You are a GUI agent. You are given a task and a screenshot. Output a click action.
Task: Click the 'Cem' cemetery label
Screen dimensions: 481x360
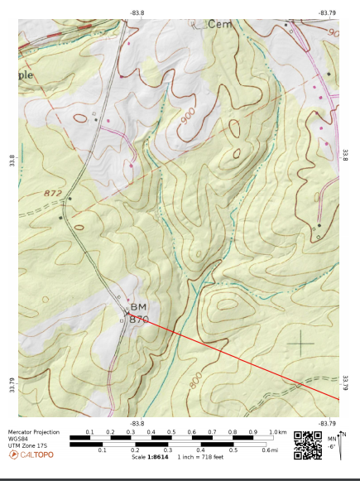click(220, 24)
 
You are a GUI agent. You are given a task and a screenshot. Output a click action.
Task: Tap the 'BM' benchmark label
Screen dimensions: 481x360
click(137, 306)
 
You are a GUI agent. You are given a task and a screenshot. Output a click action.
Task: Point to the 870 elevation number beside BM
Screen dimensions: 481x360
click(139, 319)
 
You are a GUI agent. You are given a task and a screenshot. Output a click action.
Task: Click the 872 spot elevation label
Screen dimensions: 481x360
click(53, 193)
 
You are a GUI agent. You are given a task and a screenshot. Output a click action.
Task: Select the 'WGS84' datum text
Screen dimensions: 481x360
click(18, 439)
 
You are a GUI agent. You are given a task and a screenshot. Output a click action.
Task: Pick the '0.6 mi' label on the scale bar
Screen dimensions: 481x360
click(271, 450)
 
